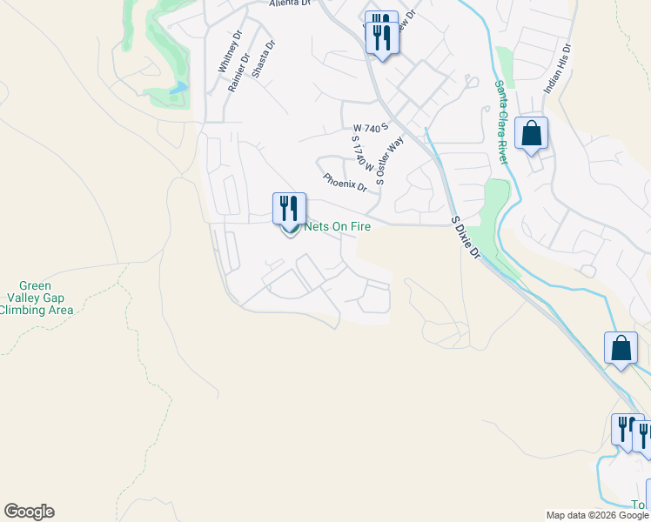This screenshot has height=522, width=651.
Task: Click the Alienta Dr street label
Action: (290, 3)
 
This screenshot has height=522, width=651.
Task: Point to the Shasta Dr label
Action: (264, 59)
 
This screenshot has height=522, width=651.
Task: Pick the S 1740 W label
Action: (363, 153)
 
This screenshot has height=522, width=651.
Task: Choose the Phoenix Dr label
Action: (345, 182)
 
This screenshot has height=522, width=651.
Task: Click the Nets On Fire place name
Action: (337, 227)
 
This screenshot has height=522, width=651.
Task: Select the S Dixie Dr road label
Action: (466, 238)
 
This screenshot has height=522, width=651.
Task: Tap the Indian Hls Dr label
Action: (556, 70)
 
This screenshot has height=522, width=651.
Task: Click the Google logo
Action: (29, 512)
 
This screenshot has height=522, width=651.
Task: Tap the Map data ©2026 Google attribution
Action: (597, 515)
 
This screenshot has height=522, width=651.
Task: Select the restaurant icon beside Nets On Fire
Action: (289, 208)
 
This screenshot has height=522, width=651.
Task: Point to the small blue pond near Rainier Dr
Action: (179, 88)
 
